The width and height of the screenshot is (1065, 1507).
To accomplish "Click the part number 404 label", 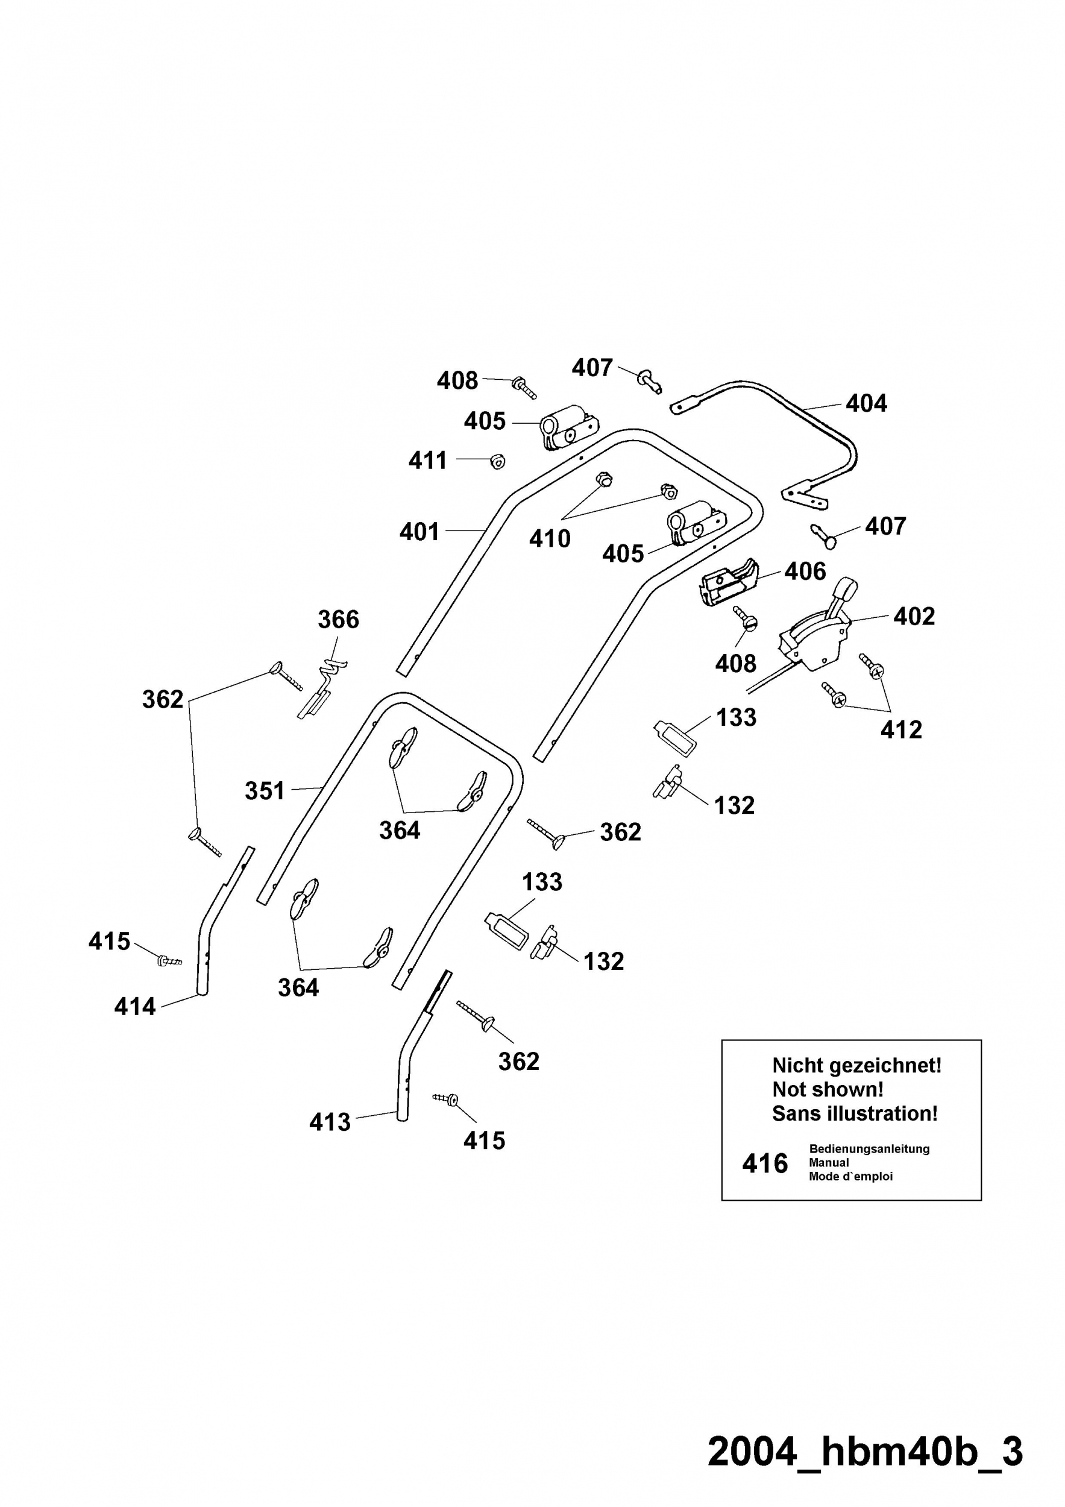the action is tap(866, 403).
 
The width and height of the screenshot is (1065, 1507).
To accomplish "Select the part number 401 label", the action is tap(420, 531).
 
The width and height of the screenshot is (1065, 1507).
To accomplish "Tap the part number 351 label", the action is tap(265, 790).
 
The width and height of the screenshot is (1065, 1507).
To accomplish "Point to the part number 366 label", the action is tap(339, 619).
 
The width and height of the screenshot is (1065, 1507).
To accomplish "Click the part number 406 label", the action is tap(805, 571).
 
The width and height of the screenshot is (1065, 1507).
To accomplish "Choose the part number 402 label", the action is tap(914, 615).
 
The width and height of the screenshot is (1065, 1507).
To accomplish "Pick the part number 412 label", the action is tap(901, 729).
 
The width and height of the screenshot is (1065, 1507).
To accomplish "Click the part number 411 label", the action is tap(428, 460).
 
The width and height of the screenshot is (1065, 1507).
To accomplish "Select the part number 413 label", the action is tap(330, 1122).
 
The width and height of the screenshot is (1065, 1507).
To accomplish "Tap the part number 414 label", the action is tap(135, 1006).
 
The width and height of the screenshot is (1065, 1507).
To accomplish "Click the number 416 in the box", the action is tap(764, 1164).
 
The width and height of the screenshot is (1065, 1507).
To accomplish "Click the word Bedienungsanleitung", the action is tap(870, 1148).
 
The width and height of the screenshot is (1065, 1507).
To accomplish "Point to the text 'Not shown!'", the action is tap(828, 1089).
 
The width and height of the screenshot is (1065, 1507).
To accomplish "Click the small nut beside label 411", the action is tap(497, 461).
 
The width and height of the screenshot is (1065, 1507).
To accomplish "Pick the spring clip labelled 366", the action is tap(322, 689).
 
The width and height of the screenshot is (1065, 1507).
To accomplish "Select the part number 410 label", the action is tap(550, 538).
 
